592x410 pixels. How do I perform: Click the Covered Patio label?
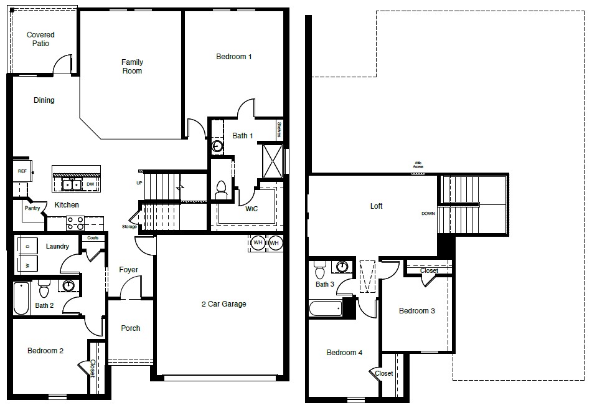coord(40,39)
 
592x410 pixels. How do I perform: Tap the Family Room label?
coord(132,67)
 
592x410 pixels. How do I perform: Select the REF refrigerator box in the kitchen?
coord(22,170)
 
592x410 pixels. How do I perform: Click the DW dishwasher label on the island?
coord(90,184)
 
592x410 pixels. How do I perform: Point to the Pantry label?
coord(32,208)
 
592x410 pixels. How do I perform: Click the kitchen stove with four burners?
coord(75,222)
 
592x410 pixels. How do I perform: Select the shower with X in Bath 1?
coord(273,161)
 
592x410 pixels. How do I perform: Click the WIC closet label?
coord(251,209)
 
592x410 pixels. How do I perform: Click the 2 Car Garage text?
coord(223,304)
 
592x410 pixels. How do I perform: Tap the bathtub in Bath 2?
coord(21,299)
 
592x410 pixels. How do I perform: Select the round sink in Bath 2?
coord(68,285)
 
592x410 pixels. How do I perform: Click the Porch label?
coord(130,328)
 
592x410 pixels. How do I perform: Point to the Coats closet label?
coord(93,238)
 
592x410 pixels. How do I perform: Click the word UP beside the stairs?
coord(139,183)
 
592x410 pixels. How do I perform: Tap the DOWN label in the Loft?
coord(428,214)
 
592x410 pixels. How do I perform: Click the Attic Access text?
coord(418,166)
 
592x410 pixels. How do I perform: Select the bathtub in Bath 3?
coord(326,308)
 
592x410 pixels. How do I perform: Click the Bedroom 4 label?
coord(344,353)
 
